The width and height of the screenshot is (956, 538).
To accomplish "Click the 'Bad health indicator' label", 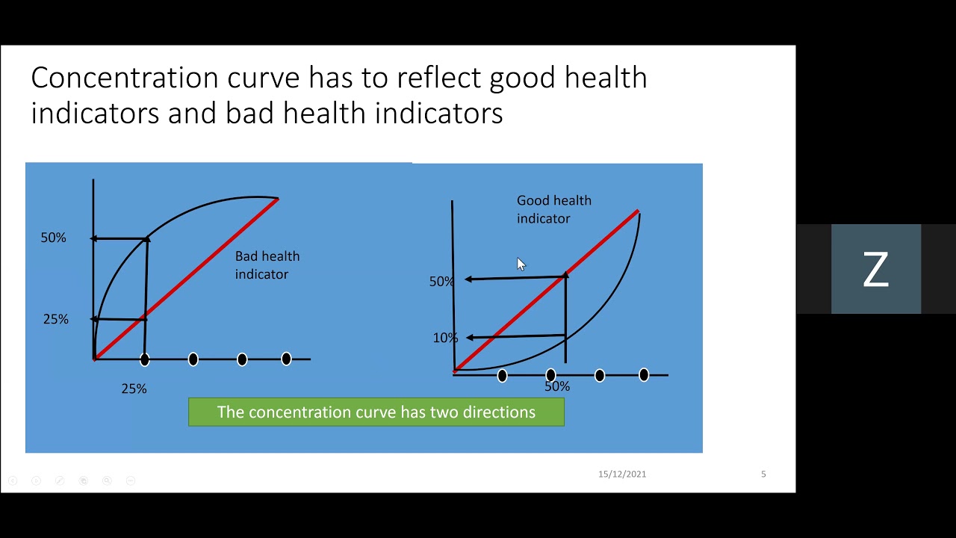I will pyautogui.click(x=267, y=265).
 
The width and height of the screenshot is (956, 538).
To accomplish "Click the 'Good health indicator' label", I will pyautogui.click(x=553, y=209).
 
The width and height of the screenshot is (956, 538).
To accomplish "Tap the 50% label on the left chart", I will pyautogui.click(x=53, y=238).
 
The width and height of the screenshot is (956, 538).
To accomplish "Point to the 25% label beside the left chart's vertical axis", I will pyautogui.click(x=55, y=319).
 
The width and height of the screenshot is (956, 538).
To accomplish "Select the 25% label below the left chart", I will pyautogui.click(x=134, y=389).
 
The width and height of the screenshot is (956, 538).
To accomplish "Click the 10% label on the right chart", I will pyautogui.click(x=445, y=338).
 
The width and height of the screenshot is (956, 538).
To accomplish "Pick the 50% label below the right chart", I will pyautogui.click(x=557, y=386).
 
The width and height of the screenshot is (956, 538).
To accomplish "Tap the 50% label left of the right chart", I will pyautogui.click(x=441, y=282).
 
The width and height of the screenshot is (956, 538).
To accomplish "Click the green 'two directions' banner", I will pyautogui.click(x=376, y=412).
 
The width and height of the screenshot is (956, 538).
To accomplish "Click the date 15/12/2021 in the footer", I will pyautogui.click(x=621, y=474).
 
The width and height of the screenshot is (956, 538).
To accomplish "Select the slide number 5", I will pyautogui.click(x=763, y=474).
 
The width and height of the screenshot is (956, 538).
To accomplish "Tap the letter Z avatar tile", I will pyautogui.click(x=875, y=269).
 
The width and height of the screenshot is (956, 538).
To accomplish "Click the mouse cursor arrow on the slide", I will pyautogui.click(x=521, y=264).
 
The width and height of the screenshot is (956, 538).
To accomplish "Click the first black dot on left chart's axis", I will pyautogui.click(x=144, y=359).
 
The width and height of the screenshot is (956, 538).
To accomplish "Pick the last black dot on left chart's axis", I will pyautogui.click(x=286, y=359).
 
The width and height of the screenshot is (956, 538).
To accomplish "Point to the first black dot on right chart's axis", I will pyautogui.click(x=502, y=375).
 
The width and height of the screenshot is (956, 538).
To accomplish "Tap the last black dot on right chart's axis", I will pyautogui.click(x=644, y=375).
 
